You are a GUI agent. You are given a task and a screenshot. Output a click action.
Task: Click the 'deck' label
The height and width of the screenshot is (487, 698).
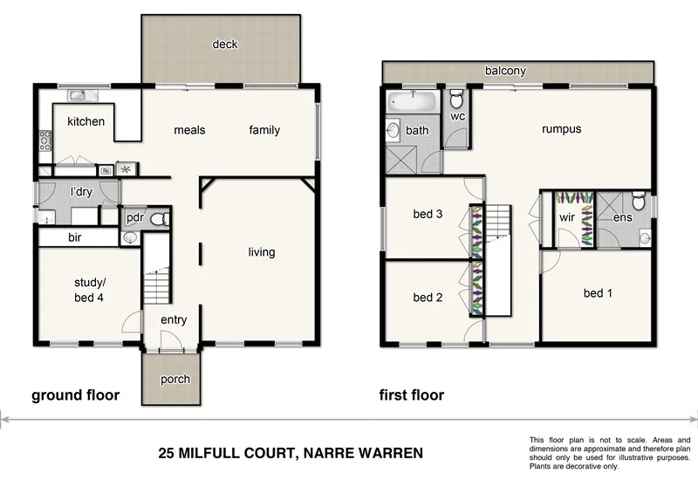225,45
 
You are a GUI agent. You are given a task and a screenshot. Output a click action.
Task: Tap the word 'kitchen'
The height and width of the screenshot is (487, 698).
86,121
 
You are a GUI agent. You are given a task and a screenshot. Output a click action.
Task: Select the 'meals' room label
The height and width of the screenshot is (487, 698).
189,130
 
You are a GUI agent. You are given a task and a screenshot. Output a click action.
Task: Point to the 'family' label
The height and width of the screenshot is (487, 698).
264,130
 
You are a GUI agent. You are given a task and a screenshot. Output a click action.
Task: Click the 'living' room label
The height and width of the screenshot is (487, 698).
261,252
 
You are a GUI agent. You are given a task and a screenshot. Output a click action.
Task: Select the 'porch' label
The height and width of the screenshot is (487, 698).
174,380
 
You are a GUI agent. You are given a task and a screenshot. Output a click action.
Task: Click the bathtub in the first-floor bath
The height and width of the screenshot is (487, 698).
412,101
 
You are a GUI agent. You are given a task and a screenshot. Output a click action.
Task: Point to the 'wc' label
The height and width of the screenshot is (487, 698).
457,116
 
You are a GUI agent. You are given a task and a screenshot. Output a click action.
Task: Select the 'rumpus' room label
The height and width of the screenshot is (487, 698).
561,129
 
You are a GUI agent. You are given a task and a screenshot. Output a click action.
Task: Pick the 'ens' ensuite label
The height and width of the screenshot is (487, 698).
622,218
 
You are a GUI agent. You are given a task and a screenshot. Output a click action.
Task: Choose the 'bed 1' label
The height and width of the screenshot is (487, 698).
598,293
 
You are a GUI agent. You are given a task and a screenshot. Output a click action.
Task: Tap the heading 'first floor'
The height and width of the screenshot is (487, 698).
411,395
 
